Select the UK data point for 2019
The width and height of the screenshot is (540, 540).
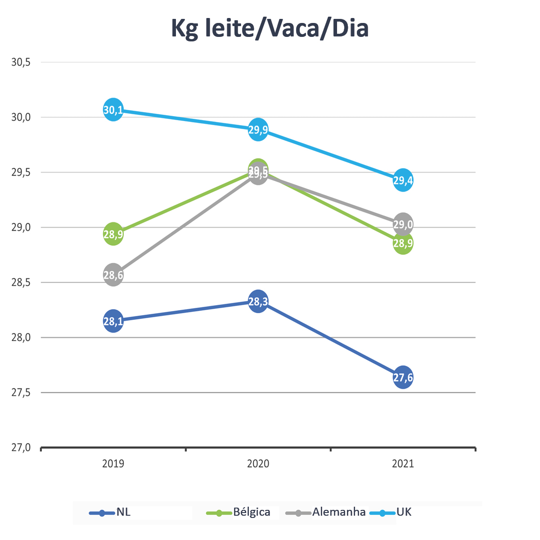(113, 110)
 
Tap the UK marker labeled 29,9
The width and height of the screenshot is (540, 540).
(258, 130)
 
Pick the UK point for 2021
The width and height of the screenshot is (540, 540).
(403, 180)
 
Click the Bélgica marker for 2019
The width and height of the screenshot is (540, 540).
(113, 234)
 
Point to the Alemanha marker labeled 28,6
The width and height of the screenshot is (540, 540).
(113, 275)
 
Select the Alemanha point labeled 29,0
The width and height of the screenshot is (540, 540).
(403, 224)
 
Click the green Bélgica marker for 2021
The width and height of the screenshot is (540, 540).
(403, 244)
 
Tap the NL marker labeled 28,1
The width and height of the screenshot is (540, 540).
(113, 321)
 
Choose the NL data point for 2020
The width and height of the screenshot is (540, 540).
(258, 301)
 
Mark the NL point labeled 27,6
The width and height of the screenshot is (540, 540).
(403, 378)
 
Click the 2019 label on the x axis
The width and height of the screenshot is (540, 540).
(113, 463)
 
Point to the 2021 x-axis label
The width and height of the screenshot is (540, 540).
(403, 463)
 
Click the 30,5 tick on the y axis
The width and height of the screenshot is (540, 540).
(21, 63)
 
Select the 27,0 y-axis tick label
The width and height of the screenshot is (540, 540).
(21, 448)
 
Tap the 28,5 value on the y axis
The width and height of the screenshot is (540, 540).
(21, 283)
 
